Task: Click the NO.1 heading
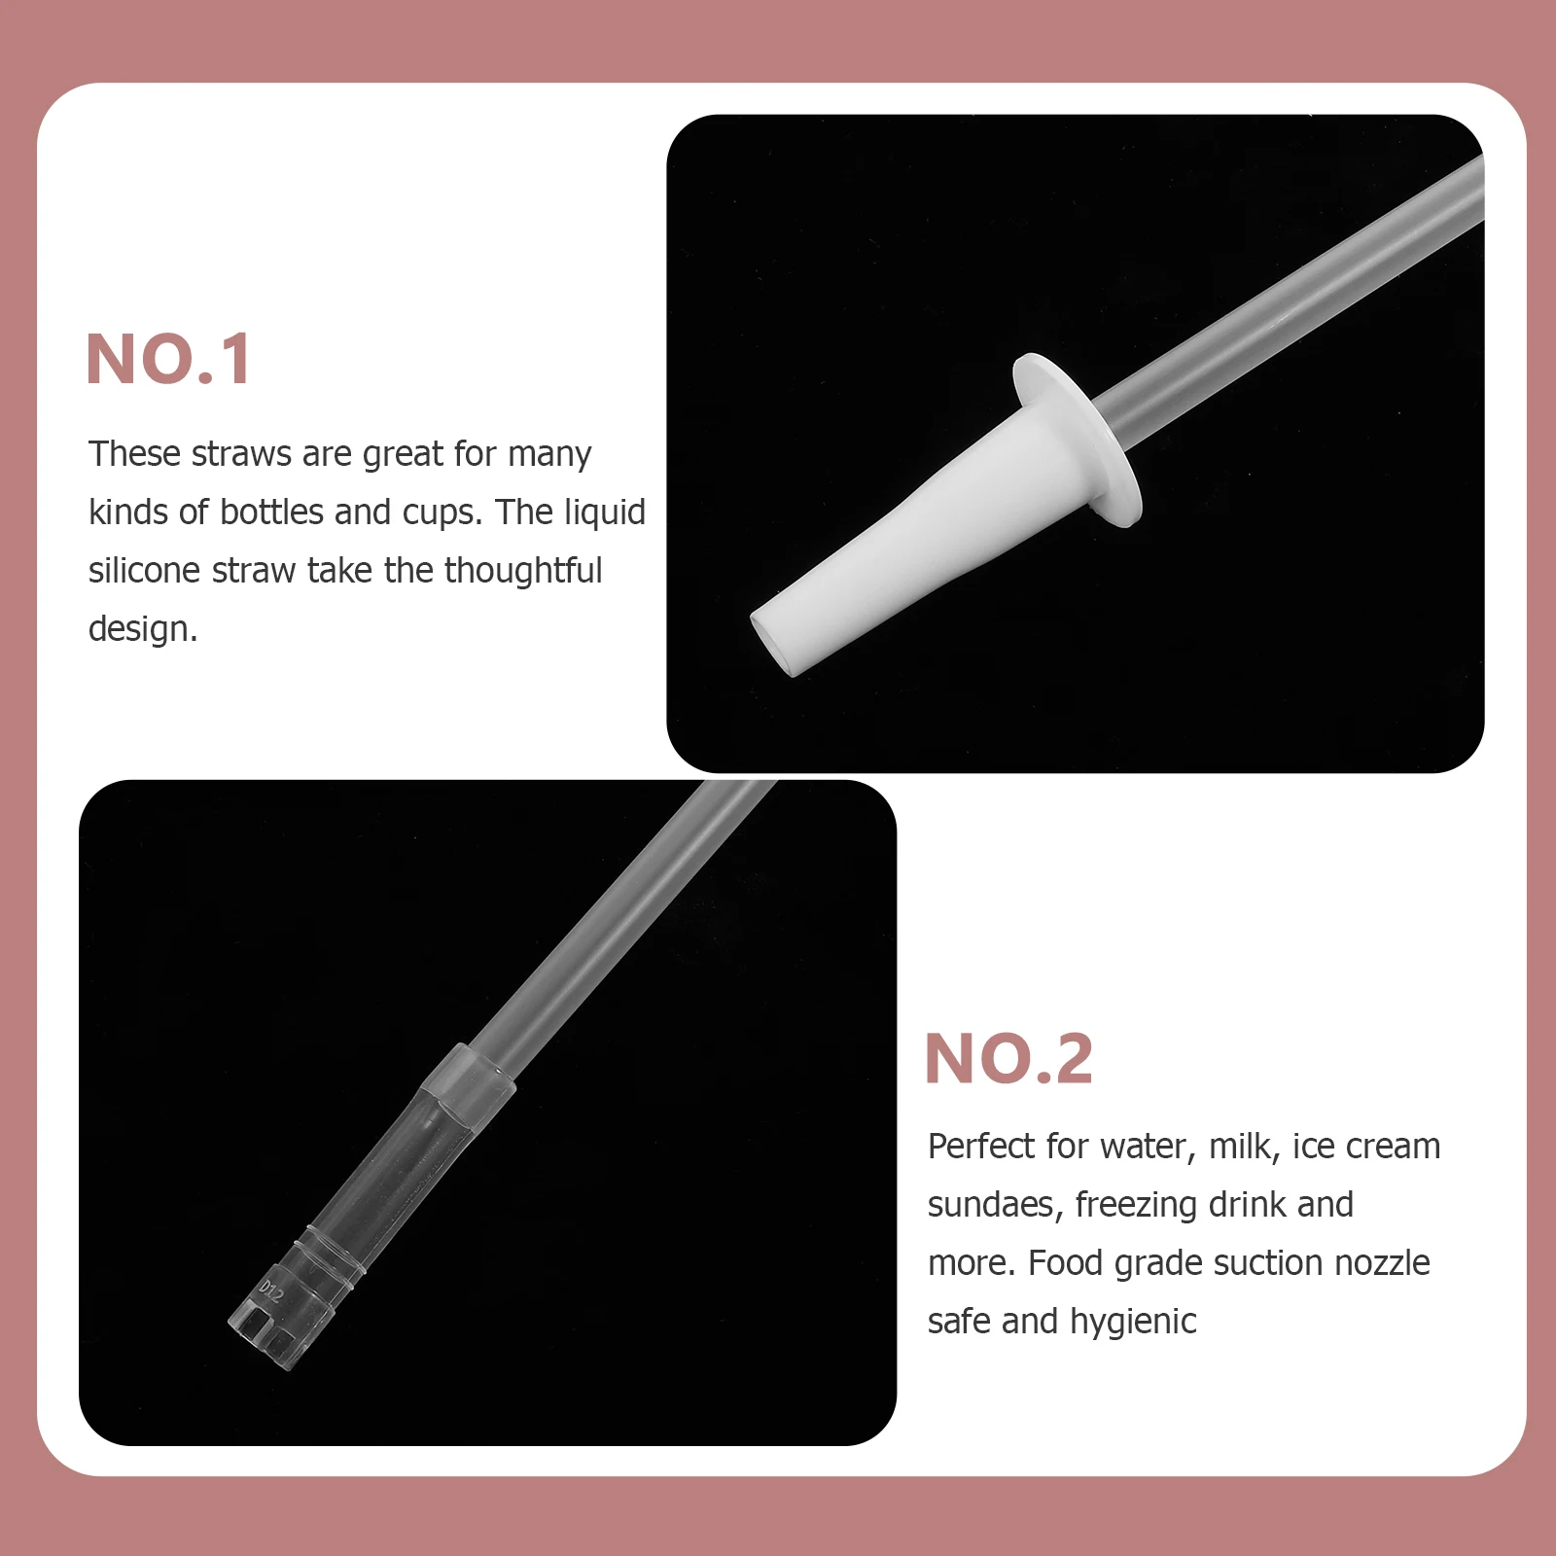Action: coord(169,360)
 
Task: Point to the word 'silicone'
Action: coord(144,571)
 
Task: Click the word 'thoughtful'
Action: coord(523,571)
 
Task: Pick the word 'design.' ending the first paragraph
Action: coord(143,629)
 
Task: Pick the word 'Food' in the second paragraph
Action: coord(1065,1263)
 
